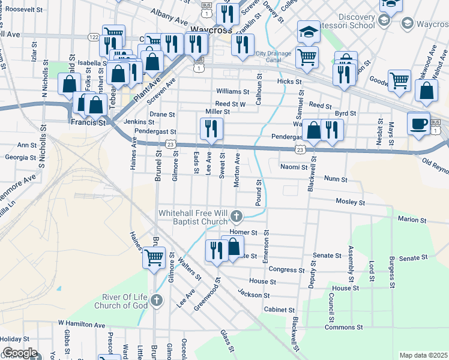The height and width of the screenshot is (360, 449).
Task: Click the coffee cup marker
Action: pos(418,124)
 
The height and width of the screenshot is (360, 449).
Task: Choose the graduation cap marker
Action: pos(309,32)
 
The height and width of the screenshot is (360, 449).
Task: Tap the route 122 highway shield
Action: pos(93,37)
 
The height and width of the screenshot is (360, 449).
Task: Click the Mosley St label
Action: pos(351,202)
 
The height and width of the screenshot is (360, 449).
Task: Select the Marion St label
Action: pos(412,220)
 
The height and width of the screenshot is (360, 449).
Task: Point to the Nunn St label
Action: pos(336,179)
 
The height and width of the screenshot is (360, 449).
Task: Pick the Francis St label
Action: pos(88,122)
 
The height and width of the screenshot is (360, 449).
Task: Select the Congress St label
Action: pos(283,269)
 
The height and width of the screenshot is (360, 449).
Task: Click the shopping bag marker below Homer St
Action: pos(233,246)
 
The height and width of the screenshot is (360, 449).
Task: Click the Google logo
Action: pos(20,353)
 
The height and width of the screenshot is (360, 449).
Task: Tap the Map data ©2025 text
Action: pos(423,355)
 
